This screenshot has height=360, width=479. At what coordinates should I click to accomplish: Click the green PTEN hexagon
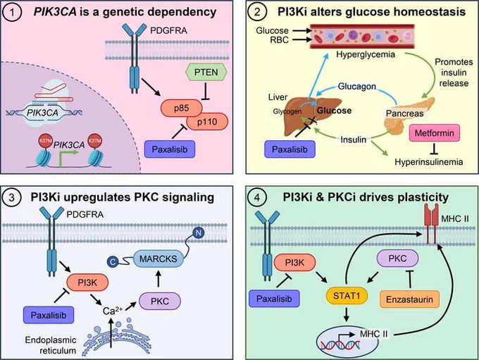206,73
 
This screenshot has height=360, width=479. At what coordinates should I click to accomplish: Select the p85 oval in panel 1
182,108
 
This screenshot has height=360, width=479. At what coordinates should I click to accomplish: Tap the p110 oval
207,122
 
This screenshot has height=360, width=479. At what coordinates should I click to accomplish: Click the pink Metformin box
434,133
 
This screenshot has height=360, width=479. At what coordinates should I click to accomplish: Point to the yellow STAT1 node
347,296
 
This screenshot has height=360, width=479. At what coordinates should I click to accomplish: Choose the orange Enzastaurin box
409,299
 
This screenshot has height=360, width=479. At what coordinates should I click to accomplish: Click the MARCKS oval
158,259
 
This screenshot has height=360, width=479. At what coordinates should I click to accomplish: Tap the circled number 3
11,197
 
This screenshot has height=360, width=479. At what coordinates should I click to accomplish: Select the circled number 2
257,12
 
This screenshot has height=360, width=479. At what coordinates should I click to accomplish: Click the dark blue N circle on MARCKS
199,233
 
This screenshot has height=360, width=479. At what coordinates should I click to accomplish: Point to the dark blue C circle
113,262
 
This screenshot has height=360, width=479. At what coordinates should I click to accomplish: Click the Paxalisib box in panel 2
290,149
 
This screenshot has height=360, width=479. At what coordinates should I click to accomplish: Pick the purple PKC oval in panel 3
160,302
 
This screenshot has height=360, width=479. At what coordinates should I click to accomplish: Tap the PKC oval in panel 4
398,259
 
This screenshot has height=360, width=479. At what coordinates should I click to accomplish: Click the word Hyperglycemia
366,55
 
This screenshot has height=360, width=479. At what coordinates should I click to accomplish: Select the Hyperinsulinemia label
428,161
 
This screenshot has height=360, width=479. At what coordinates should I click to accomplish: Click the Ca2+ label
113,311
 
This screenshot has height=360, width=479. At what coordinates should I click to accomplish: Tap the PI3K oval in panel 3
87,283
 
